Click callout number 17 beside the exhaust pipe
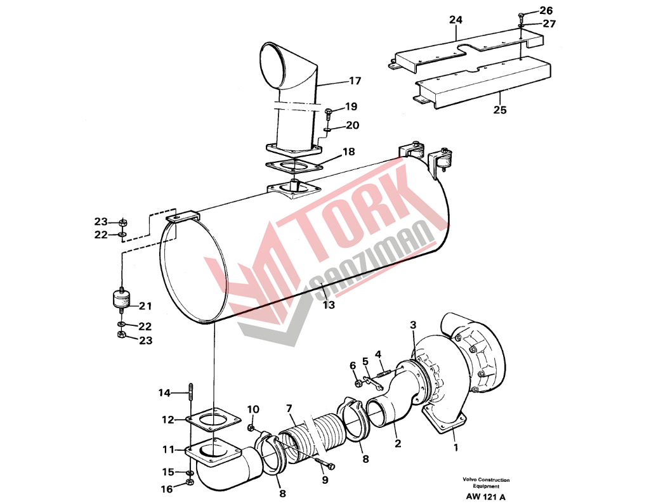355,81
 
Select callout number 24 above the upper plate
456,20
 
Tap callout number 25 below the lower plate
500,110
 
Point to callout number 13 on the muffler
329,305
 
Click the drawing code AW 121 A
486,497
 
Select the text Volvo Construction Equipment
486,482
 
